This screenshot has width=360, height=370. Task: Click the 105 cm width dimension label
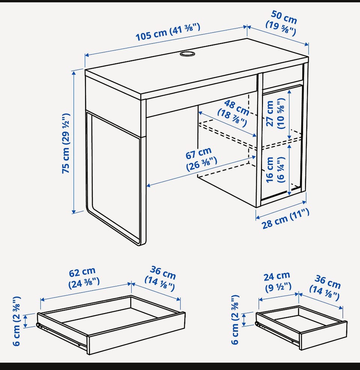[x=168, y=32]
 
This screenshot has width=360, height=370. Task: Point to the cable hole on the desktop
[x=187, y=54]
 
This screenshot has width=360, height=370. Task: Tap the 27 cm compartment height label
[x=275, y=114]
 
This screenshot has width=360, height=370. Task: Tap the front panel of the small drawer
[x=323, y=336]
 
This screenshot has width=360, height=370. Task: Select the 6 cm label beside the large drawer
[x=17, y=321]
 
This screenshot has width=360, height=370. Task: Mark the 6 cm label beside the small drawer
[x=235, y=320]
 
